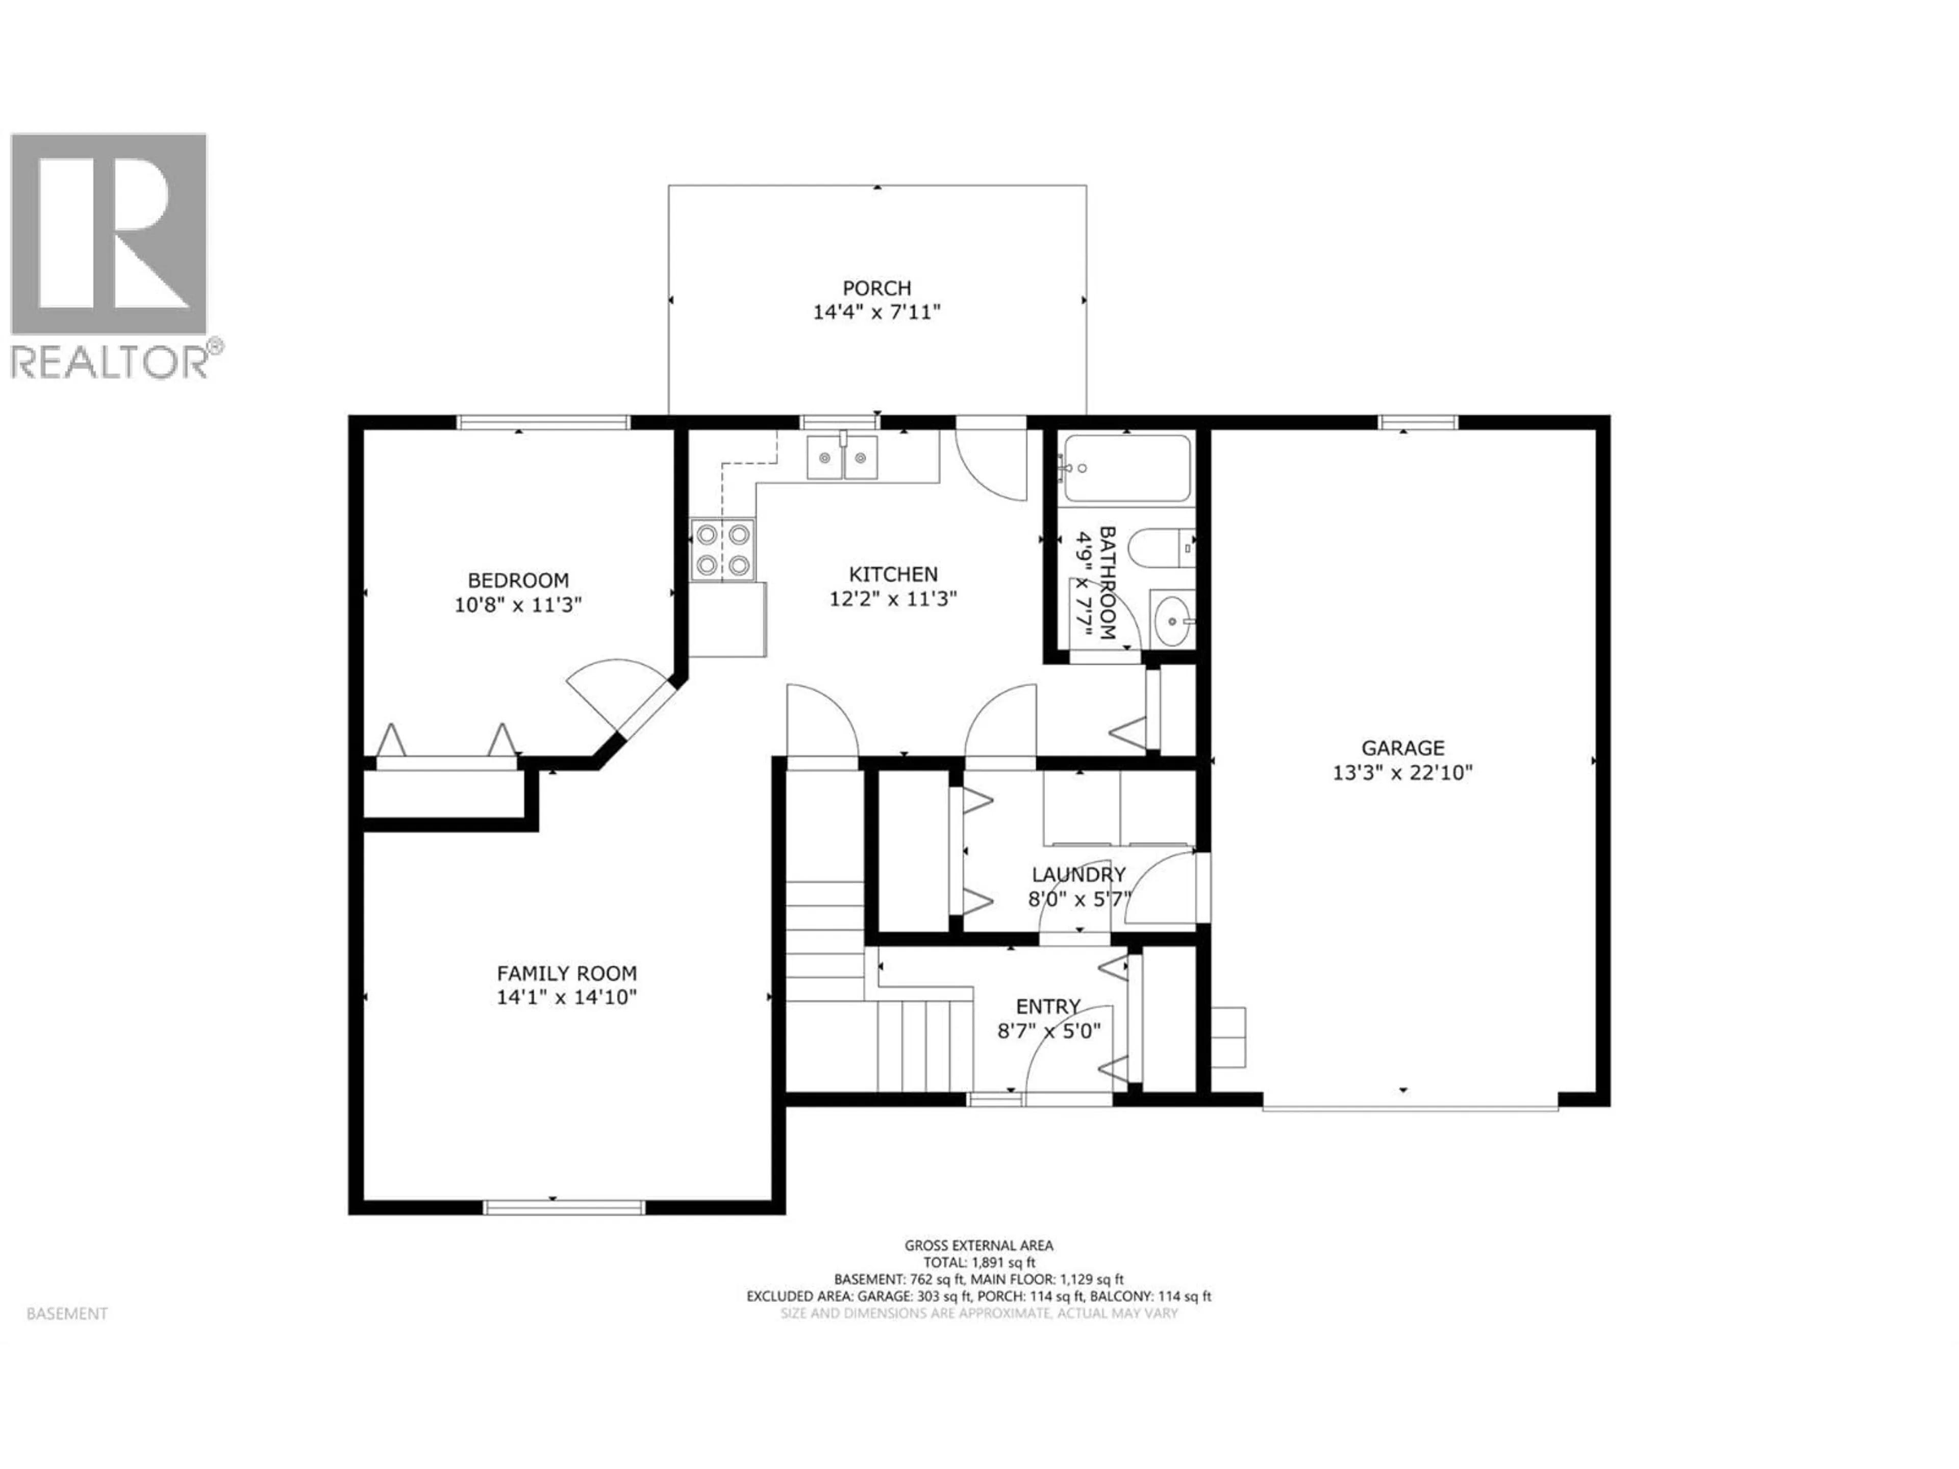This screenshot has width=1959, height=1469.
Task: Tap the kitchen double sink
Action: tap(841, 458)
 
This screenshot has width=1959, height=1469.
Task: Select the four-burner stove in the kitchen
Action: tap(723, 549)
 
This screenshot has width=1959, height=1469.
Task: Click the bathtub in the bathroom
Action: tap(1126, 468)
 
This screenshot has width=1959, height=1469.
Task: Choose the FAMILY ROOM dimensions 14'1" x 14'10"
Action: tap(567, 997)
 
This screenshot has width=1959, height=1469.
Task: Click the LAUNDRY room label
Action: tap(1078, 875)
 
